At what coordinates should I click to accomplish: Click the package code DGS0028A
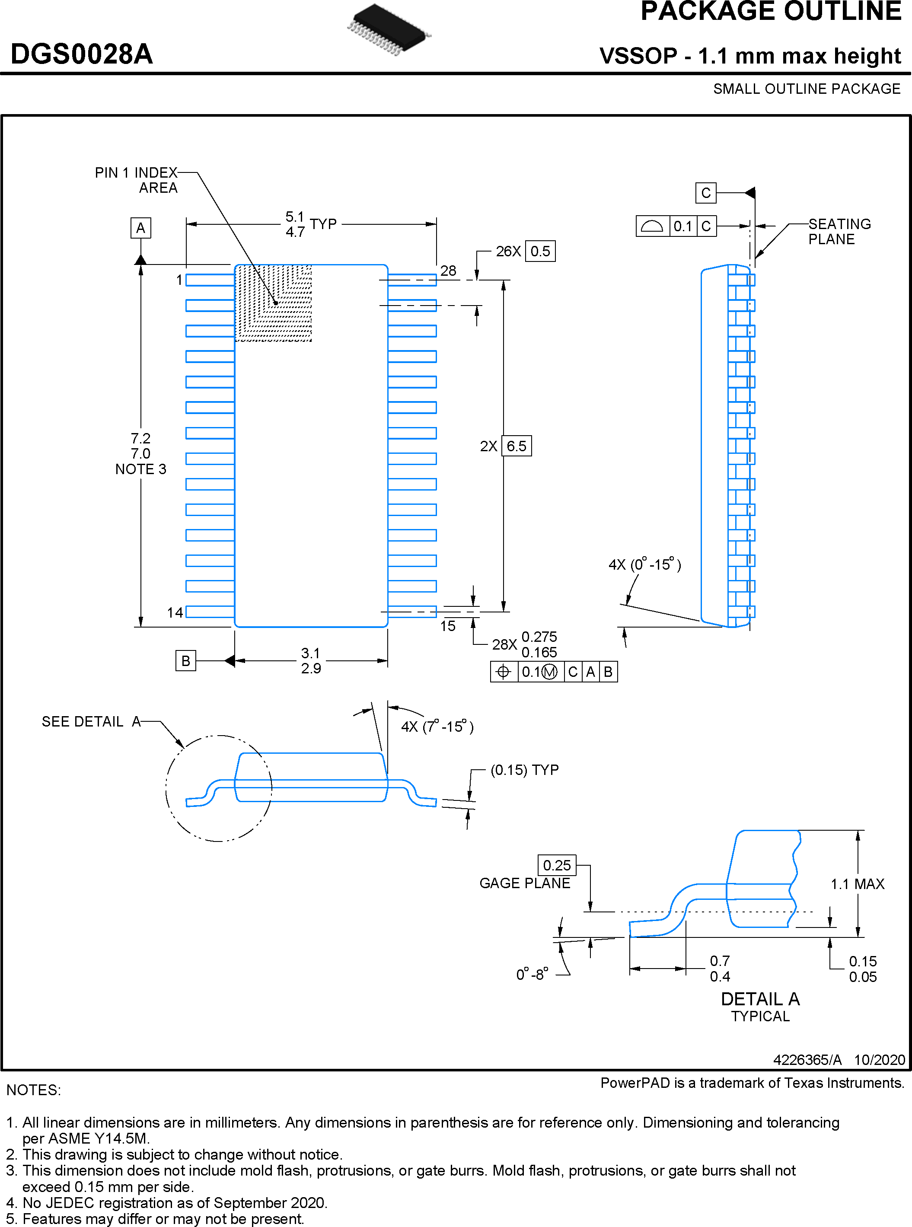click(x=82, y=54)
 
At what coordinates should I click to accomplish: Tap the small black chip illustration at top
click(x=389, y=30)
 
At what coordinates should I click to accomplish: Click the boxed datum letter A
click(x=141, y=228)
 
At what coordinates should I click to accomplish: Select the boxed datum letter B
click(x=185, y=661)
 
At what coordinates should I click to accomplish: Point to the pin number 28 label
click(x=448, y=271)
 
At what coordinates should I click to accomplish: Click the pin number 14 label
click(x=175, y=613)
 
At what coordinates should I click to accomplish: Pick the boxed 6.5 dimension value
click(x=516, y=446)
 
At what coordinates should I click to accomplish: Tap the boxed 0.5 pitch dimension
click(x=540, y=251)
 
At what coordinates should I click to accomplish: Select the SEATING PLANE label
click(x=839, y=231)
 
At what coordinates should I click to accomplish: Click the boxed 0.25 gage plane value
click(x=556, y=865)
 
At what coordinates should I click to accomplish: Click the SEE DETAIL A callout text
click(x=92, y=721)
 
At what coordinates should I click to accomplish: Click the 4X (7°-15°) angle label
click(x=437, y=727)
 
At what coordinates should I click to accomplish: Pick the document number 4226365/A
click(x=807, y=1059)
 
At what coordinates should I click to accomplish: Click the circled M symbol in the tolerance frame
click(x=549, y=672)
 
